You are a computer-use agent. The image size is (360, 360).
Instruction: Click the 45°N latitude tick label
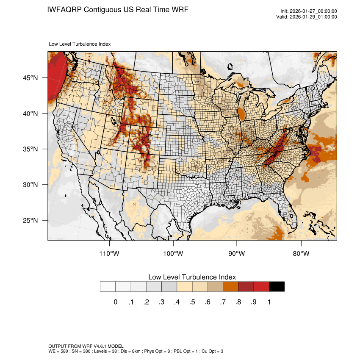(30, 78)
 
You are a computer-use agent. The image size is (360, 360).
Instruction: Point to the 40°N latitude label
(30, 114)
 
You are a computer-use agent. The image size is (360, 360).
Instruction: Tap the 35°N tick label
(30, 149)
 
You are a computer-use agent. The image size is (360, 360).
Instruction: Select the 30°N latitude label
(30, 185)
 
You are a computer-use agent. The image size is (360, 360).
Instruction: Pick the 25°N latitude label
(30, 220)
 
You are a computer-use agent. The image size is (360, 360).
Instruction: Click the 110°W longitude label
(109, 254)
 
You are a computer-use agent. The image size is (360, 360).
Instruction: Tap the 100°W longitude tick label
(173, 254)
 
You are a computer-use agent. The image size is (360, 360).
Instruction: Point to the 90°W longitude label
(237, 254)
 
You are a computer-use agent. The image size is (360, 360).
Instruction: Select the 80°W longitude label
(301, 254)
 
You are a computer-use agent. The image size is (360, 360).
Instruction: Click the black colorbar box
(277, 287)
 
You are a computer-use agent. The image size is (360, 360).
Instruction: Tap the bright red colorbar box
(261, 287)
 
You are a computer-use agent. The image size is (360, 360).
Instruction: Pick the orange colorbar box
(231, 287)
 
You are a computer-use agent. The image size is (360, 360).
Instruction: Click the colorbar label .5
(192, 302)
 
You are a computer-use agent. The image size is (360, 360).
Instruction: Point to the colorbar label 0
(115, 302)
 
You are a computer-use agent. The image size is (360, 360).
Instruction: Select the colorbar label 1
(269, 302)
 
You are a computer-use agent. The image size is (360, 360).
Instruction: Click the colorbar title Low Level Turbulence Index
(192, 277)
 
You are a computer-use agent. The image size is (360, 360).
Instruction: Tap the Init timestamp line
(309, 11)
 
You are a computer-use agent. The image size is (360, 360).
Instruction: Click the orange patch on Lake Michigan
(242, 114)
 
